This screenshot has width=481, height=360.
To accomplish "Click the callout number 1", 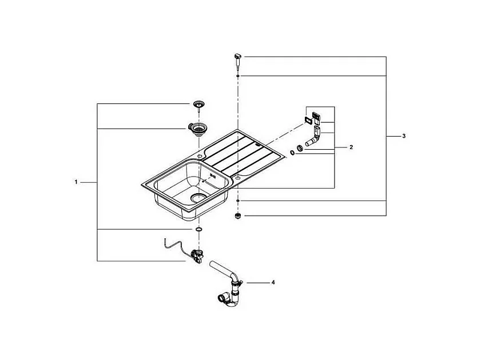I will [x=75, y=182].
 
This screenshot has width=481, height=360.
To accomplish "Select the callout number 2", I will [x=351, y=147].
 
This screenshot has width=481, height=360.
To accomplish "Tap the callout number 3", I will [x=404, y=136].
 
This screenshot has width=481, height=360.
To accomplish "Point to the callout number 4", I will [x=272, y=282].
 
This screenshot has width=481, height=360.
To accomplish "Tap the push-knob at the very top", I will [x=238, y=57].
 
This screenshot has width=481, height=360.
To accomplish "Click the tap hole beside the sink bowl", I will [x=237, y=179].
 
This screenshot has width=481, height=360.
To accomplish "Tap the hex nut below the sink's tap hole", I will [x=238, y=216].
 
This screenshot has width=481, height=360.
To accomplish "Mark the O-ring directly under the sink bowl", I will [x=198, y=229].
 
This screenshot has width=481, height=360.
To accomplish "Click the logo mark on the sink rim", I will [x=214, y=177].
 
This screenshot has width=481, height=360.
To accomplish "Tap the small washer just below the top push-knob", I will [x=238, y=75].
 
